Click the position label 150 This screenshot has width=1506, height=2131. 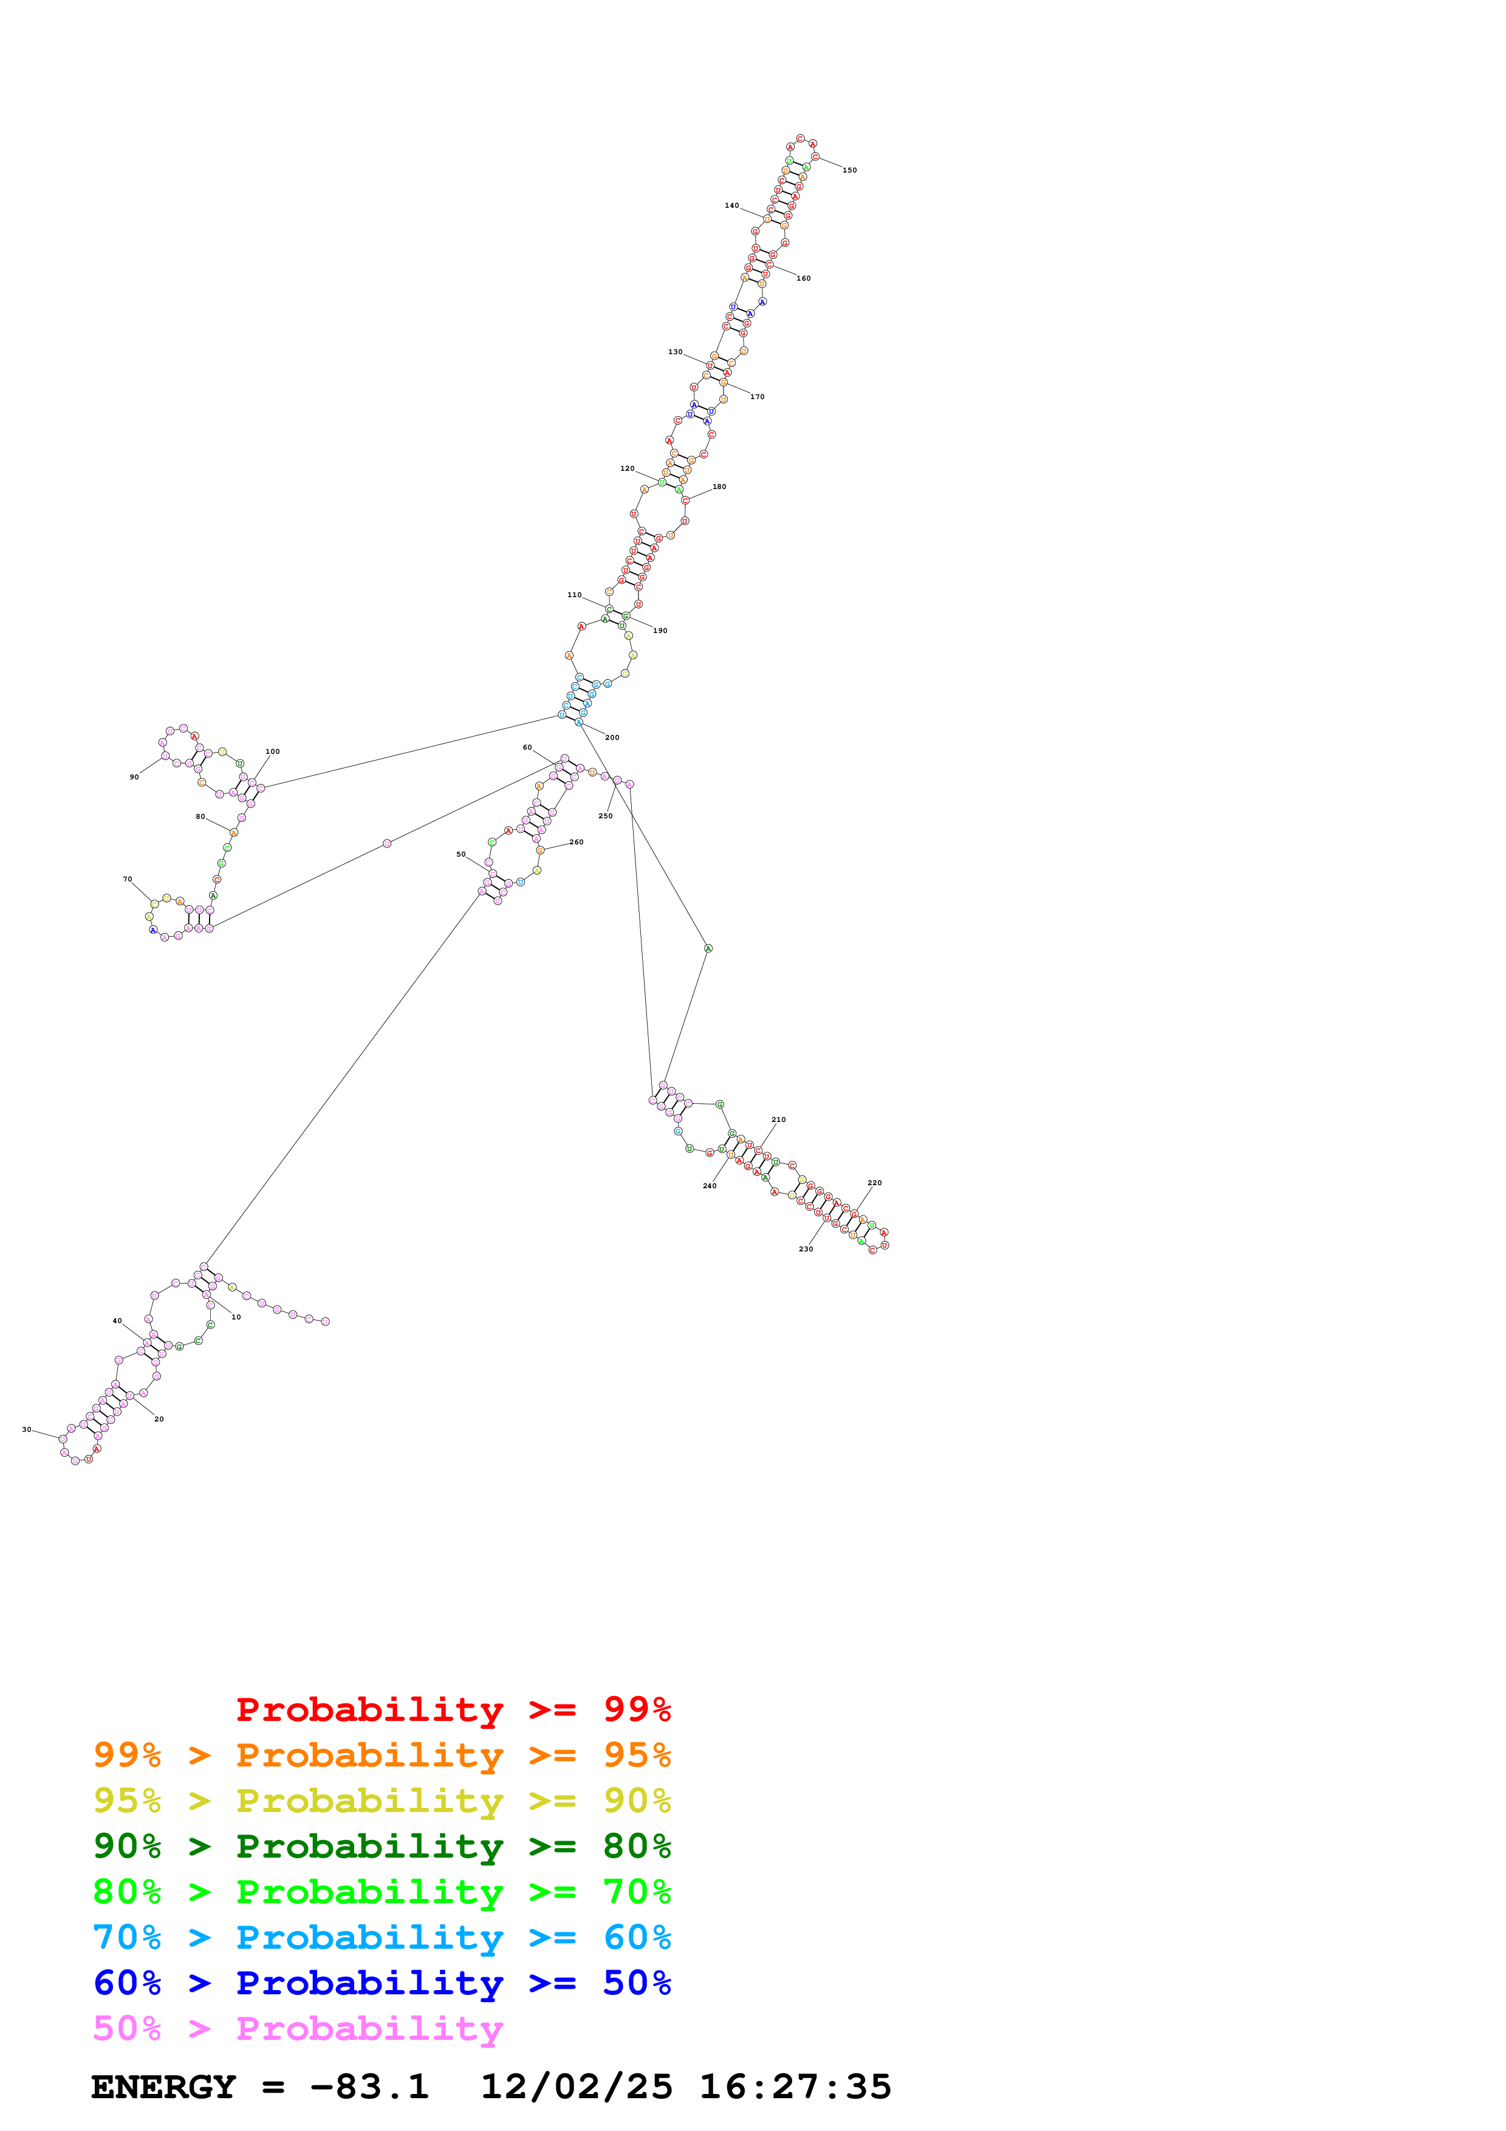click(849, 170)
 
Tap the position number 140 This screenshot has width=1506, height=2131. click(731, 205)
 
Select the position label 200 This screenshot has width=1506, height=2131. click(612, 737)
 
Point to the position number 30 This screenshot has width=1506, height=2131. click(26, 1429)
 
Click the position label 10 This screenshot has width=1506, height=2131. click(236, 1316)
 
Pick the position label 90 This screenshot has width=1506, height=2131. click(134, 777)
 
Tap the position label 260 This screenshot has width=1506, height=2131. click(577, 842)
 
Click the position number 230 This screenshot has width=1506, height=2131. click(806, 1248)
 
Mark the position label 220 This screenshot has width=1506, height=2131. click(874, 1183)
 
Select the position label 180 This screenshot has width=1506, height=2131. click(719, 487)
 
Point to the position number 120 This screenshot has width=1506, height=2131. click(628, 469)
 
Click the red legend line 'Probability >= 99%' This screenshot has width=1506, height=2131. click(453, 1709)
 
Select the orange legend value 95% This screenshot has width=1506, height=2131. click(637, 1754)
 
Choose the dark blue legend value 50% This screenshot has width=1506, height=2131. click(637, 1983)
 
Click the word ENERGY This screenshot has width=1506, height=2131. click(163, 2087)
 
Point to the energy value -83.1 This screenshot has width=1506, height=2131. click(369, 2087)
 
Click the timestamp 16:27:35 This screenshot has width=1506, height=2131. click(795, 2087)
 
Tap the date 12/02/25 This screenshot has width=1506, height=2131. click(577, 2087)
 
